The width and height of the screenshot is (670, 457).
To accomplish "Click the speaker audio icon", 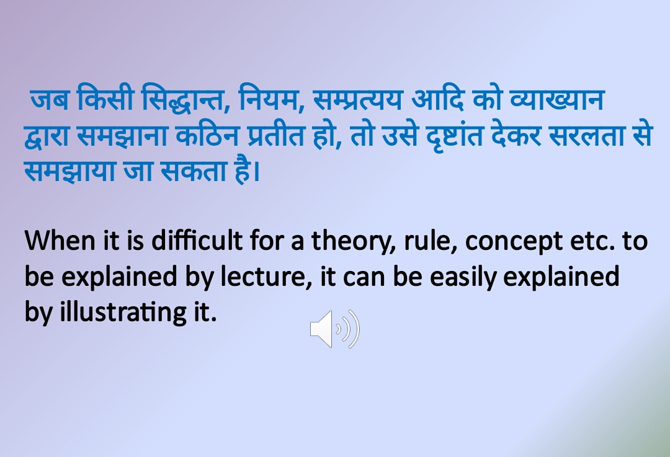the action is (334, 329).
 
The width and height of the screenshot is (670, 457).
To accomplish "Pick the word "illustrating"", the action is (120, 313).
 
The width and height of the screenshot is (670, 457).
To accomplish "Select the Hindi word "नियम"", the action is (269, 99).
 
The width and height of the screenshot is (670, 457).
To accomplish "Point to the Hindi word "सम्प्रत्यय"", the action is (358, 99).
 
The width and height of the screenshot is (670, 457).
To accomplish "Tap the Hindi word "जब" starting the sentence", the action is (48, 99).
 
